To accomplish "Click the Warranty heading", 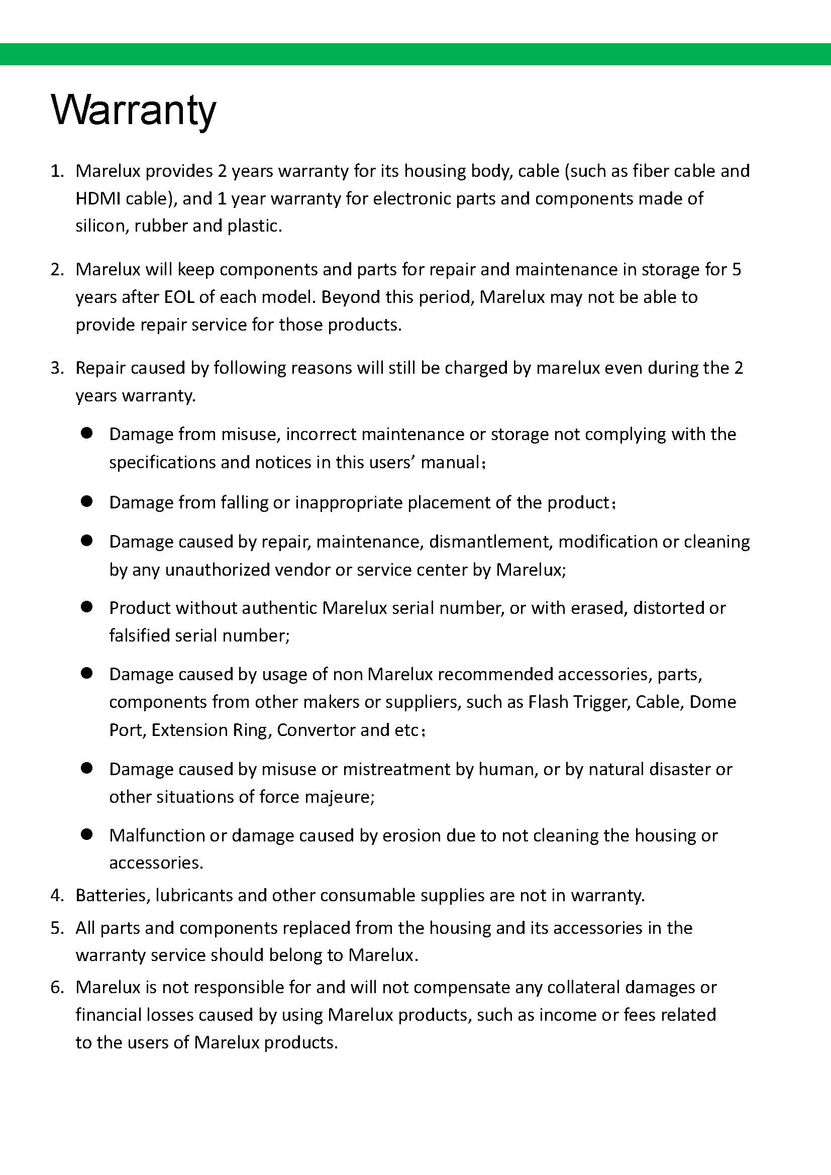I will [x=134, y=110].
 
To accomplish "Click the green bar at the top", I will [x=415, y=54].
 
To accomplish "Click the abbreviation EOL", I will [x=179, y=297].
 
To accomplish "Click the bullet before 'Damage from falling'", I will [x=86, y=502].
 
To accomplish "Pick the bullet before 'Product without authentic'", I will [x=86, y=607].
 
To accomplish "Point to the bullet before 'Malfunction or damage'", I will [x=86, y=835].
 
